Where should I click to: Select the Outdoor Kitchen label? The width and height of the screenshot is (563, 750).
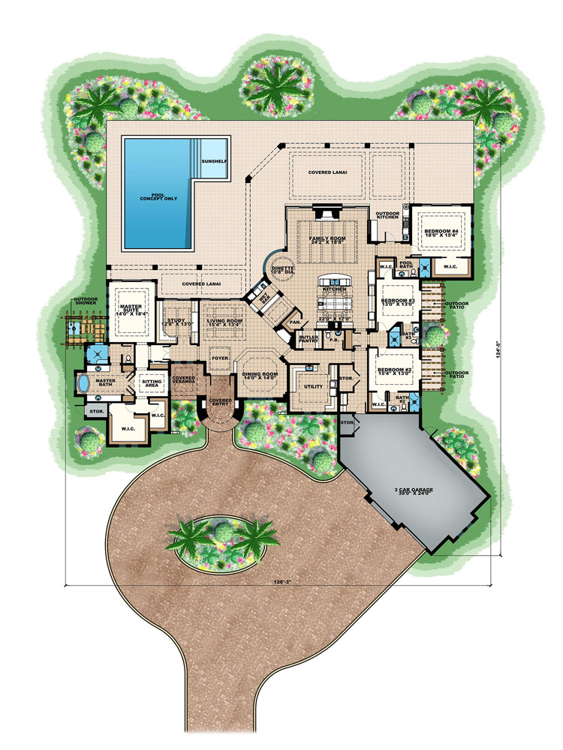[387, 216]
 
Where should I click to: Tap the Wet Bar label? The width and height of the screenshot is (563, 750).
[263, 295]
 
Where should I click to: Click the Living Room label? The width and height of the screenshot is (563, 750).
[221, 320]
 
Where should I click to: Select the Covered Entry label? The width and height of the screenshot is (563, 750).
[220, 403]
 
